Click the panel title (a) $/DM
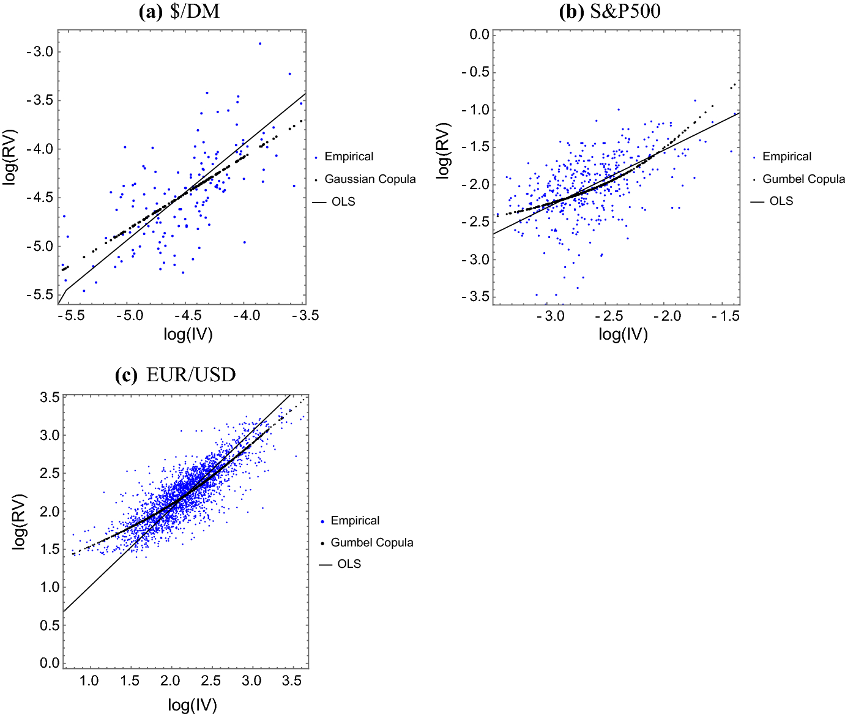[x=179, y=11]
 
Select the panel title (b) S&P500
[x=609, y=11]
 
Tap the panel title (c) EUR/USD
[x=176, y=375]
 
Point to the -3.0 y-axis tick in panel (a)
[x=40, y=52]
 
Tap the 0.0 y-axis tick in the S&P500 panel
[x=479, y=35]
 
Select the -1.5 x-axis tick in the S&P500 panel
[x=726, y=316]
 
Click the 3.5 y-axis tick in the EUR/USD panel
[x=50, y=398]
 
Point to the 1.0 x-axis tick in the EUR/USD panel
[x=89, y=681]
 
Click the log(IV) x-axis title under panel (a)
[x=188, y=334]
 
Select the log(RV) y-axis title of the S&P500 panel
[x=443, y=151]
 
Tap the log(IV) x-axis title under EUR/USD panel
[x=192, y=706]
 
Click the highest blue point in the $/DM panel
[x=260, y=43]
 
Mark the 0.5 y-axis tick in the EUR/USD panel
[x=50, y=625]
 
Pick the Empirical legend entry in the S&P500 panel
[x=786, y=157]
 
